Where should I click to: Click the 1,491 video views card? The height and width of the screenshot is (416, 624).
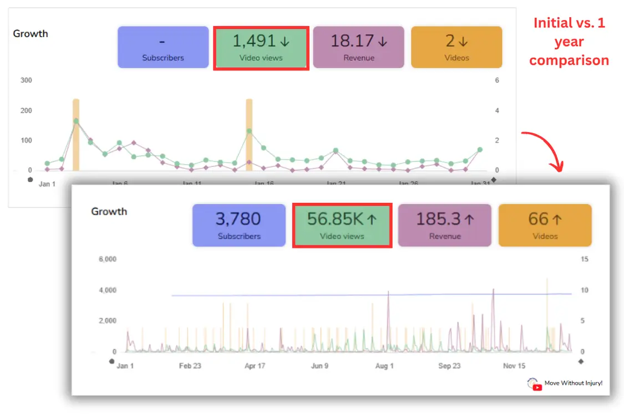[261, 47]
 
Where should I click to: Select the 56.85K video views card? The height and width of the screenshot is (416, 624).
[342, 225]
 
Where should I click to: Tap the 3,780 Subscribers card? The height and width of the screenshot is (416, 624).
[239, 225]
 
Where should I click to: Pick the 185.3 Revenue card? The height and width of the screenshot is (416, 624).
[445, 225]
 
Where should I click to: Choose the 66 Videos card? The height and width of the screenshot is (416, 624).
[545, 225]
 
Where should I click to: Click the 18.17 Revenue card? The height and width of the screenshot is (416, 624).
[359, 47]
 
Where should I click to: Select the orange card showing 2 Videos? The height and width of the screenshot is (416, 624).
[456, 47]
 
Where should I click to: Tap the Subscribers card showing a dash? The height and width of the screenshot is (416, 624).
[163, 47]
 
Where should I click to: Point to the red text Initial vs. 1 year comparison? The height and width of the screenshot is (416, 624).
[569, 42]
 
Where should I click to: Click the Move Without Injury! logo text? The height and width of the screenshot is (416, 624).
[573, 383]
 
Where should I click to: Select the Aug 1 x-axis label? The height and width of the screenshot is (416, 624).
[384, 366]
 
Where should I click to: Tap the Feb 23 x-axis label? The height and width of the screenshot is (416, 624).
[190, 366]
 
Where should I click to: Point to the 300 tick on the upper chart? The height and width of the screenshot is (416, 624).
[26, 80]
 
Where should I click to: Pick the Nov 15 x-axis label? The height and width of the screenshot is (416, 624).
[514, 366]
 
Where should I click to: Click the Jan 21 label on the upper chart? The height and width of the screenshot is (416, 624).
[336, 184]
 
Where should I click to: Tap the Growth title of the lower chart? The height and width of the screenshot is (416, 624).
[109, 211]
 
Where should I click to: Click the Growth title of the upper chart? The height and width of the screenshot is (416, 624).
[31, 33]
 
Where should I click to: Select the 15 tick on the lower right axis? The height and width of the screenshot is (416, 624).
[584, 259]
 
